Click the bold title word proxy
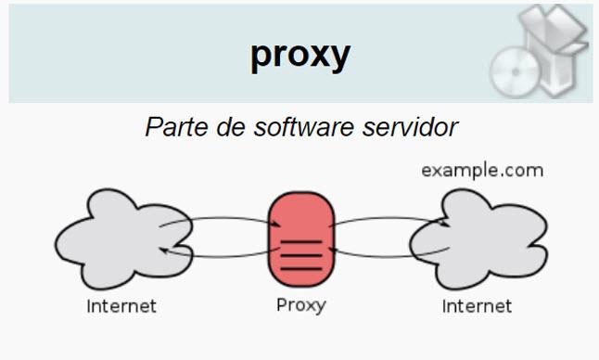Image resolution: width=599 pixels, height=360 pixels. (299, 54)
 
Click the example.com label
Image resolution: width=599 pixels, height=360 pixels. (482, 171)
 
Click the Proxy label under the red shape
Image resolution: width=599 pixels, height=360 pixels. (300, 304)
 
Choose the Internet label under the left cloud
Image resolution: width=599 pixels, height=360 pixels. (121, 305)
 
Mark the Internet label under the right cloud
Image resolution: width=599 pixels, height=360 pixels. (477, 305)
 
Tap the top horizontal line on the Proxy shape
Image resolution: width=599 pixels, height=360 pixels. (300, 242)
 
